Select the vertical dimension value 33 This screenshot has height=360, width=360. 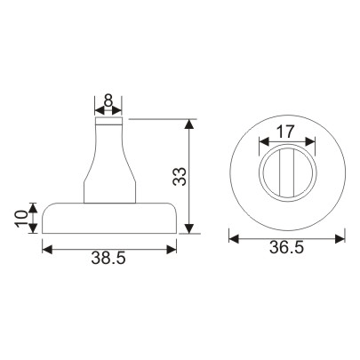(x=179, y=176)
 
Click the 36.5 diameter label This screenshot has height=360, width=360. (x=286, y=250)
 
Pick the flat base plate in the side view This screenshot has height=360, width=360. (x=108, y=218)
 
